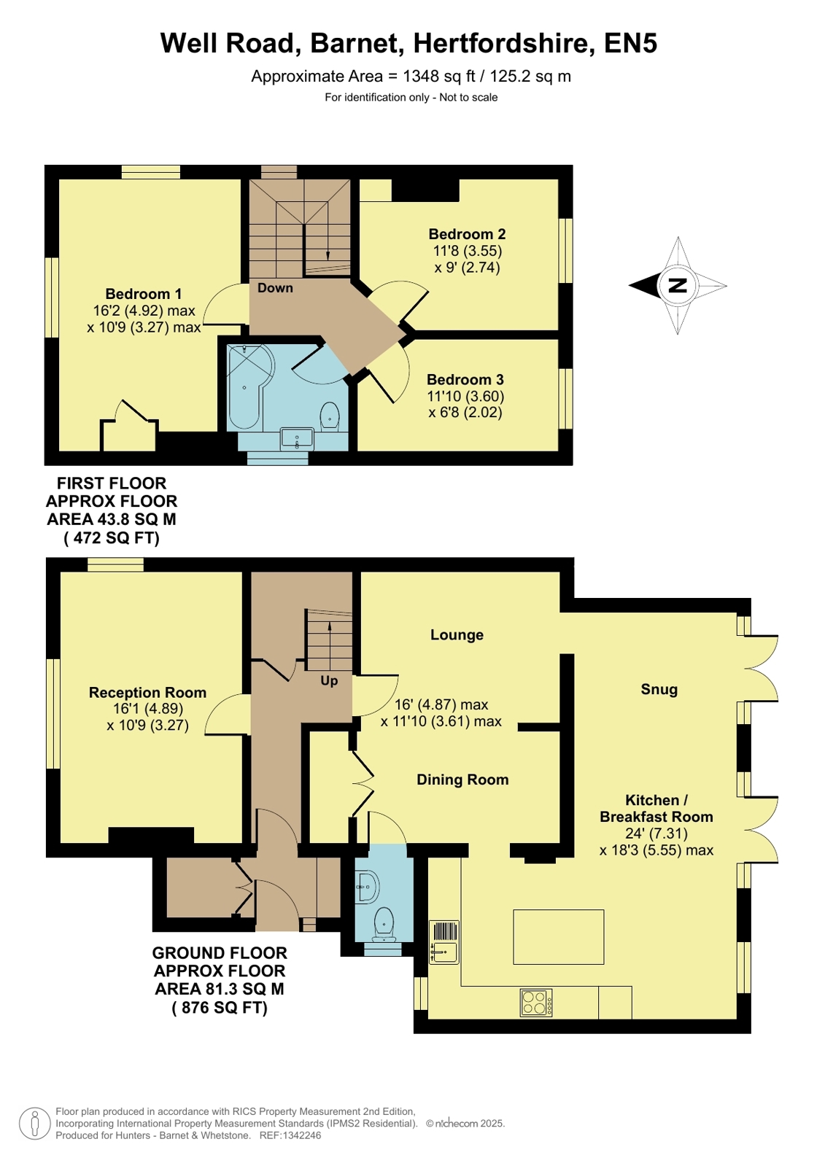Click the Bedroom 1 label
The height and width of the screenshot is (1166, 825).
coord(143,294)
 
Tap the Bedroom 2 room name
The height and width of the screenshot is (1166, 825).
coord(467,234)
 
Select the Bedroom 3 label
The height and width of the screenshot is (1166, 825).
coord(465,379)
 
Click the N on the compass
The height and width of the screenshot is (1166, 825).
coord(678,285)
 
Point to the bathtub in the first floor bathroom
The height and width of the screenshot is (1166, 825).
coord(249,385)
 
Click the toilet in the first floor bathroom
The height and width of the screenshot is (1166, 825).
coord(330,416)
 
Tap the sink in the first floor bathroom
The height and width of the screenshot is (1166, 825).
coord(297,438)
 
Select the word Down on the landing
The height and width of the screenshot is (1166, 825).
coord(275,288)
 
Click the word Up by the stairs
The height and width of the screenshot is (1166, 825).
coord(329,681)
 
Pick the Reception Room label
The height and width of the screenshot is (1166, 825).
coord(147,693)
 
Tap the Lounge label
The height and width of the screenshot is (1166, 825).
coord(457,635)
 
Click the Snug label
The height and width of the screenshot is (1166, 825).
coord(659,690)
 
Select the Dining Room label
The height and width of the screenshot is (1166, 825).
coord(462,780)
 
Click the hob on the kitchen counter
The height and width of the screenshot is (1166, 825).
coord(536,1002)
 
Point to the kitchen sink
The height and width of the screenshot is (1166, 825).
coord(444,942)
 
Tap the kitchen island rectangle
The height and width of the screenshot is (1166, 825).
coord(558,937)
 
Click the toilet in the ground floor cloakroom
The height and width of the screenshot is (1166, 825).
coord(384,924)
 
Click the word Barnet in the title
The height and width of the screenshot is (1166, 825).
coord(357,43)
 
